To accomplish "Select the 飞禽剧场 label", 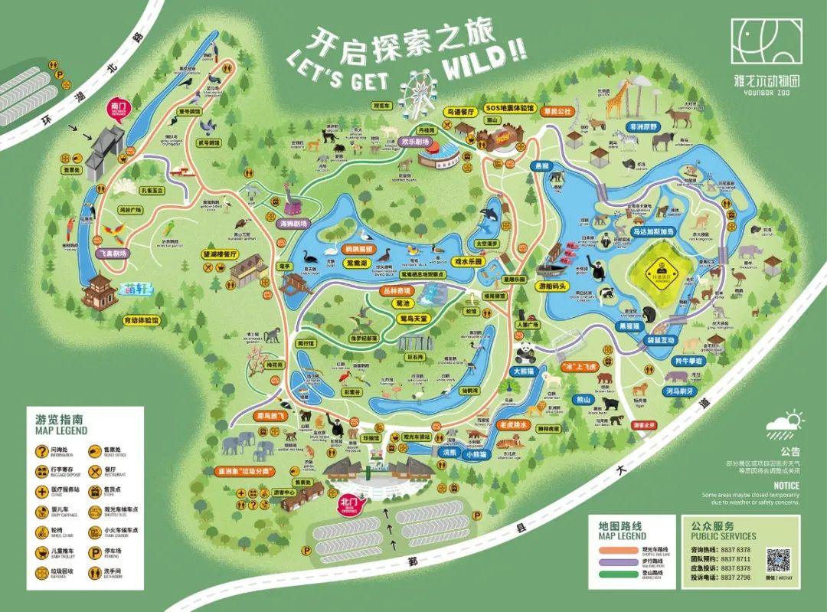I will [113, 252].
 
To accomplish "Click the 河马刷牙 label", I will [678, 390].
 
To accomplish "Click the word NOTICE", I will [786, 485].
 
